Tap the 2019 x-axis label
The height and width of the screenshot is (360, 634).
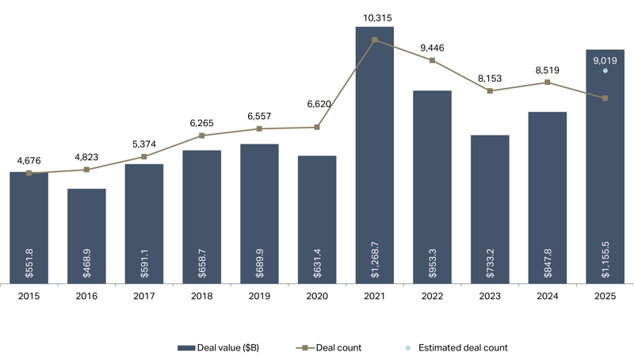[259, 296]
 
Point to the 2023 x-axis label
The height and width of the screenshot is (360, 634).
[490, 296]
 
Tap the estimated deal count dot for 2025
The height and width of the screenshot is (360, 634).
[605, 71]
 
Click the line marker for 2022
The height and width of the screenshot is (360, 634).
[433, 60]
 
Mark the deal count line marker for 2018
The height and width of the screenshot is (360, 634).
[202, 136]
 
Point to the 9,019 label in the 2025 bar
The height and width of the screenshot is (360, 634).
[605, 58]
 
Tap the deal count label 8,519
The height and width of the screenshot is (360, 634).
[548, 69]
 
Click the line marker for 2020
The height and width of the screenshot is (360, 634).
[317, 127]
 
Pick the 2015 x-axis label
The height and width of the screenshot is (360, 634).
[29, 296]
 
